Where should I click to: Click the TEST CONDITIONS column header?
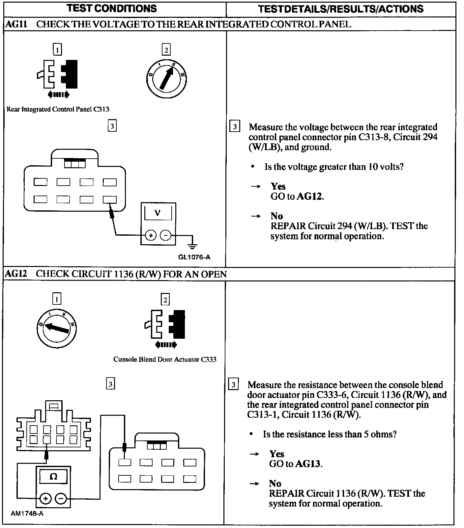[x=112, y=8]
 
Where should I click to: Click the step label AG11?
[x=16, y=24]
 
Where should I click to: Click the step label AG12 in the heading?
[x=16, y=274]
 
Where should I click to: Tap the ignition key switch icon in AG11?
[x=166, y=79]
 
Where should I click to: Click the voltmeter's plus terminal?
[x=151, y=235]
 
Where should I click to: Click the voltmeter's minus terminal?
[x=165, y=235]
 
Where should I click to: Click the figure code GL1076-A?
[x=194, y=257]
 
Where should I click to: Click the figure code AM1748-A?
[x=27, y=514]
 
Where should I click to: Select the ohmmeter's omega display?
[x=53, y=476]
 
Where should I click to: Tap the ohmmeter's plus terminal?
[x=45, y=499]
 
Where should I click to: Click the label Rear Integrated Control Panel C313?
[x=58, y=109]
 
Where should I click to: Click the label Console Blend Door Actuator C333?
[x=165, y=359]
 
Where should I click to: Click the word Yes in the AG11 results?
[x=278, y=186]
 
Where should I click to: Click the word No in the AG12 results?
[x=275, y=483]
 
